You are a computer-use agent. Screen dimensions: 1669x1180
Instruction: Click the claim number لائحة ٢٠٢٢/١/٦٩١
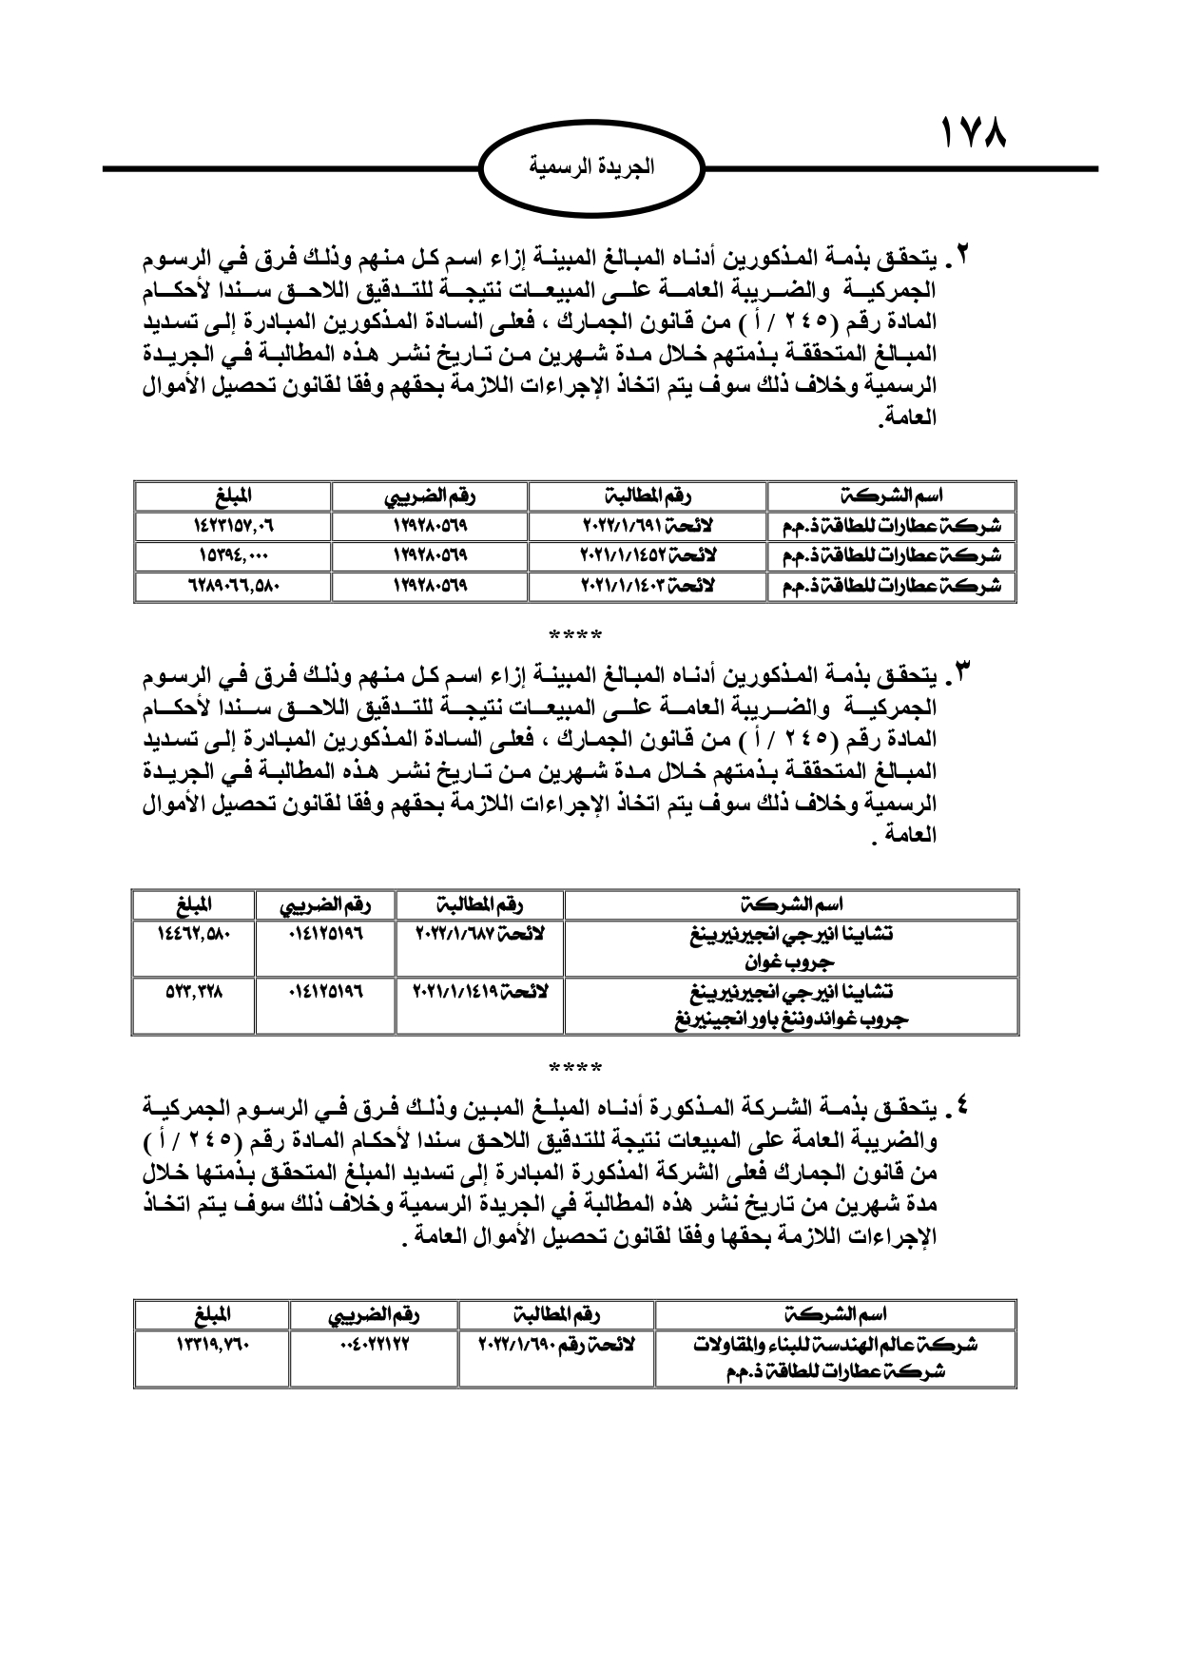[647, 526]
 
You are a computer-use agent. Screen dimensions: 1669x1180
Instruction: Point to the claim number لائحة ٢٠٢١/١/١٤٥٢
[647, 555]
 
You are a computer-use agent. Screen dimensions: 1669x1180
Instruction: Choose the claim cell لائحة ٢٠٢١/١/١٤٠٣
[647, 586]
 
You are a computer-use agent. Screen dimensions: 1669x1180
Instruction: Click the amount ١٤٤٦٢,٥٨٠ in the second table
[194, 934]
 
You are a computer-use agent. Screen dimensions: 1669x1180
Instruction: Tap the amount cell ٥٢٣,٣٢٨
[194, 991]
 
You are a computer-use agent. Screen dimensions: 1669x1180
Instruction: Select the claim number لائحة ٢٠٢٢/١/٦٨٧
[479, 934]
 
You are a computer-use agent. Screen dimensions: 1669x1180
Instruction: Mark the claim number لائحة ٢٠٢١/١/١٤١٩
[479, 991]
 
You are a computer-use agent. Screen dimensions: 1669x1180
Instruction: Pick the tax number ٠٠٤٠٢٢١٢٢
[373, 1346]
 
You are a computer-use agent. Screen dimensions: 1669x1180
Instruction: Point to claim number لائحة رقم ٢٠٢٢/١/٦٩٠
[555, 1346]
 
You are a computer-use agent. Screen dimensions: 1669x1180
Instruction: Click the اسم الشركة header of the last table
[837, 1315]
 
